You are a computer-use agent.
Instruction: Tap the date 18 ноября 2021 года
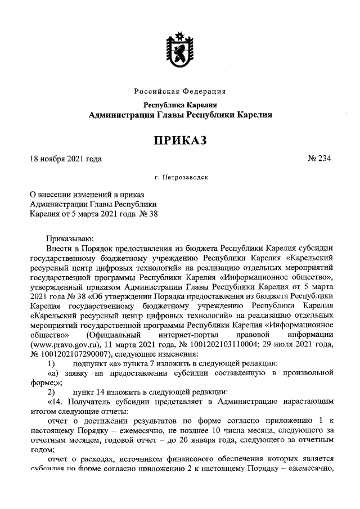[66, 159]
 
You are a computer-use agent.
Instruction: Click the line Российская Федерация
[181, 91]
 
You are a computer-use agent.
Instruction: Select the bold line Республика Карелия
[181, 105]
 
